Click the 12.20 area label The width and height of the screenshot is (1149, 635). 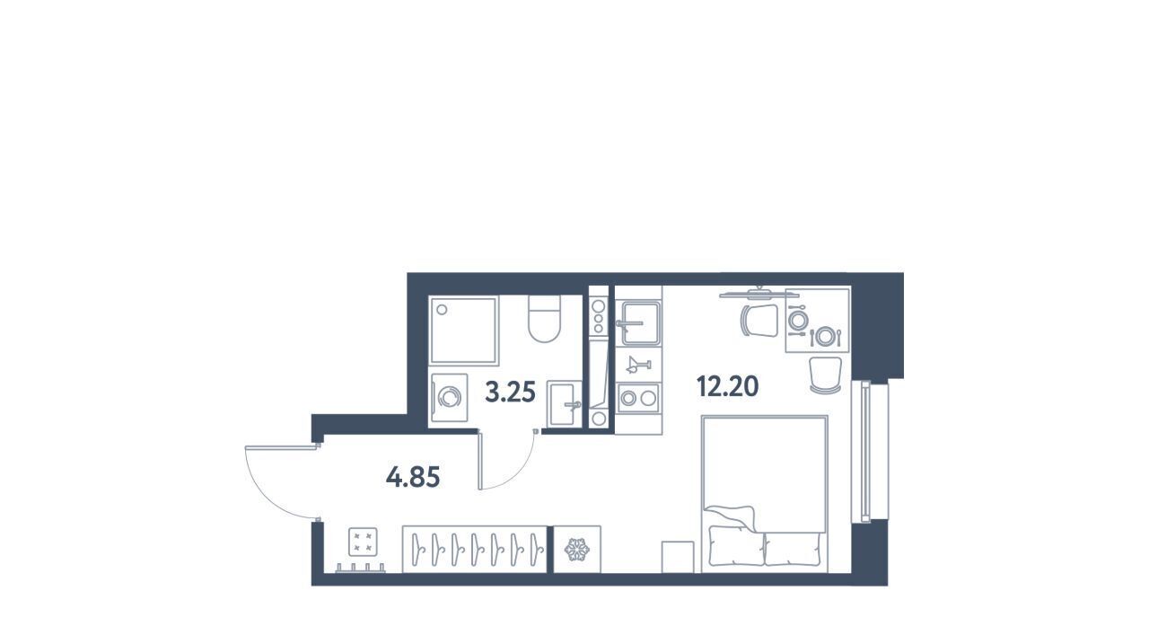(x=727, y=386)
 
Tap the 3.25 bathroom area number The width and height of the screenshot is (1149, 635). (x=511, y=392)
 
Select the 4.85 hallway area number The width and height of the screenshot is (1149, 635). (x=413, y=478)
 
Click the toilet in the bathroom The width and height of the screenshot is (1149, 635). (x=544, y=319)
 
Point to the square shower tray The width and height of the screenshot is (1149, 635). (x=464, y=331)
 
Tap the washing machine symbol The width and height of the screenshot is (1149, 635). (x=450, y=398)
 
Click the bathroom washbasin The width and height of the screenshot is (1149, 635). (x=565, y=403)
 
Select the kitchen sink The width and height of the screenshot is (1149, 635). (x=638, y=323)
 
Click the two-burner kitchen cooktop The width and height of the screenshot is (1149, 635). (x=638, y=398)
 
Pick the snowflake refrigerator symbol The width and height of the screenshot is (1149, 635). (x=577, y=550)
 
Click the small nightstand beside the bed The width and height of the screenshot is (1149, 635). (x=678, y=557)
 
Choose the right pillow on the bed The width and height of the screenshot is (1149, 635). (x=793, y=549)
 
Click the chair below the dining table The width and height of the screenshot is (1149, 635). (x=825, y=375)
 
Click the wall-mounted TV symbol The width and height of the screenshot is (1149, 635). (x=759, y=294)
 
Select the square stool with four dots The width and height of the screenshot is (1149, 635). (x=363, y=542)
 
